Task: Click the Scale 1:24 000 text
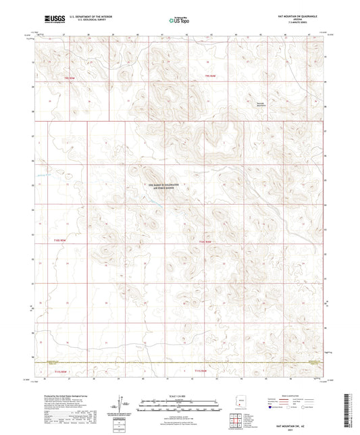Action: pos(180,395)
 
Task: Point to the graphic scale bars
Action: pos(180,407)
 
